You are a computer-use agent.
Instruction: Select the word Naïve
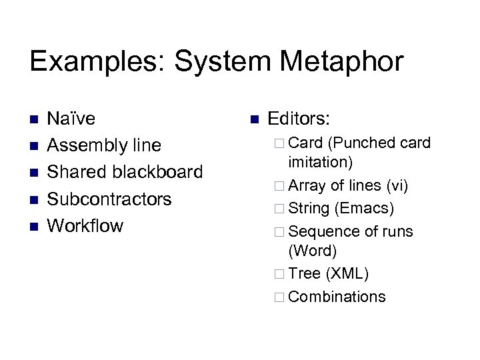tap(71, 119)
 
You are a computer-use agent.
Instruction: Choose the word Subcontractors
tap(110, 199)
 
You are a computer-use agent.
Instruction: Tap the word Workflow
tap(86, 225)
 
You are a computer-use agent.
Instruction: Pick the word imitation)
tap(321, 161)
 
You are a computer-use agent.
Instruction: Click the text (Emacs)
tap(365, 209)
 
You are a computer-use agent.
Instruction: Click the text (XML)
tap(347, 273)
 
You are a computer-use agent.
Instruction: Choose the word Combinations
tap(337, 297)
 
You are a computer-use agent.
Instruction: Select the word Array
tap(307, 186)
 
